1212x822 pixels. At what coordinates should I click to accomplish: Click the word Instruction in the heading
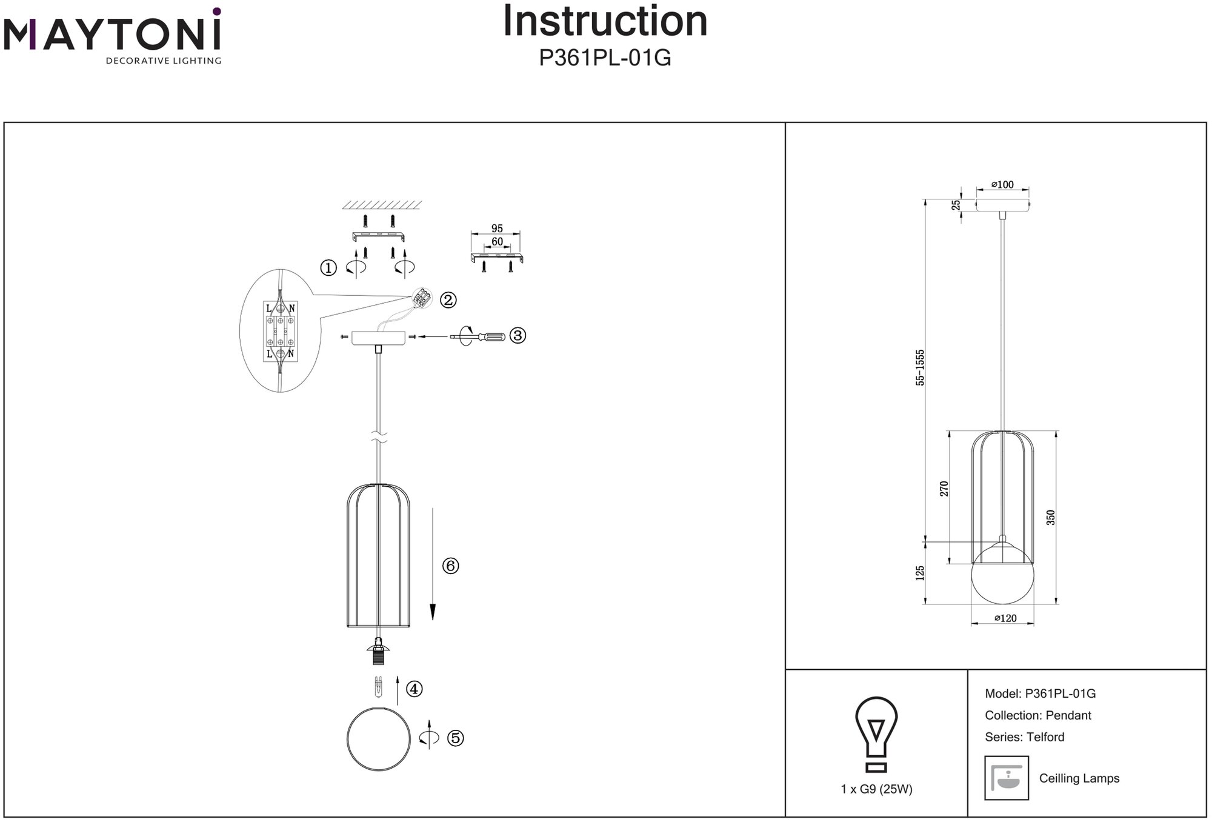[605, 21]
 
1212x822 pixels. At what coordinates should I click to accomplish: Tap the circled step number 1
[328, 267]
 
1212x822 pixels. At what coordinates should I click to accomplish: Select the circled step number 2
[448, 299]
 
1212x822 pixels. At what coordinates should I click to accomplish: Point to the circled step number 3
[518, 335]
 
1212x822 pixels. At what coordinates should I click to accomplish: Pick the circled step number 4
[415, 689]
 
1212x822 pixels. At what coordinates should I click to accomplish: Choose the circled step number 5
[455, 738]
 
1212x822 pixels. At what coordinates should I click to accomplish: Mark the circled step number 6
[450, 566]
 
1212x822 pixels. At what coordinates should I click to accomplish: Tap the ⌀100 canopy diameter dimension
[1002, 184]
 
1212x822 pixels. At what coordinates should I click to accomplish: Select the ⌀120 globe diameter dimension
[1005, 618]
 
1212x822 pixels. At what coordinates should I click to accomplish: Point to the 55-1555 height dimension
[921, 367]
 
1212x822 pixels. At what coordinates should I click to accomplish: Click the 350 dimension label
[1051, 517]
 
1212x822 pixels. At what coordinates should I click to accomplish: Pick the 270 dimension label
[944, 489]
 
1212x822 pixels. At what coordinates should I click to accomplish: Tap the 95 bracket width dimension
[497, 229]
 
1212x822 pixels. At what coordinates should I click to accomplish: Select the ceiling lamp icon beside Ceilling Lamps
[1007, 778]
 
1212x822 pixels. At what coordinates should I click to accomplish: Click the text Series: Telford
[1024, 737]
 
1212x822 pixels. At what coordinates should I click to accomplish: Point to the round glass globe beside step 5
[379, 739]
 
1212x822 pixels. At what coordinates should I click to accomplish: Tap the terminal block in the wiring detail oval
[280, 331]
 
